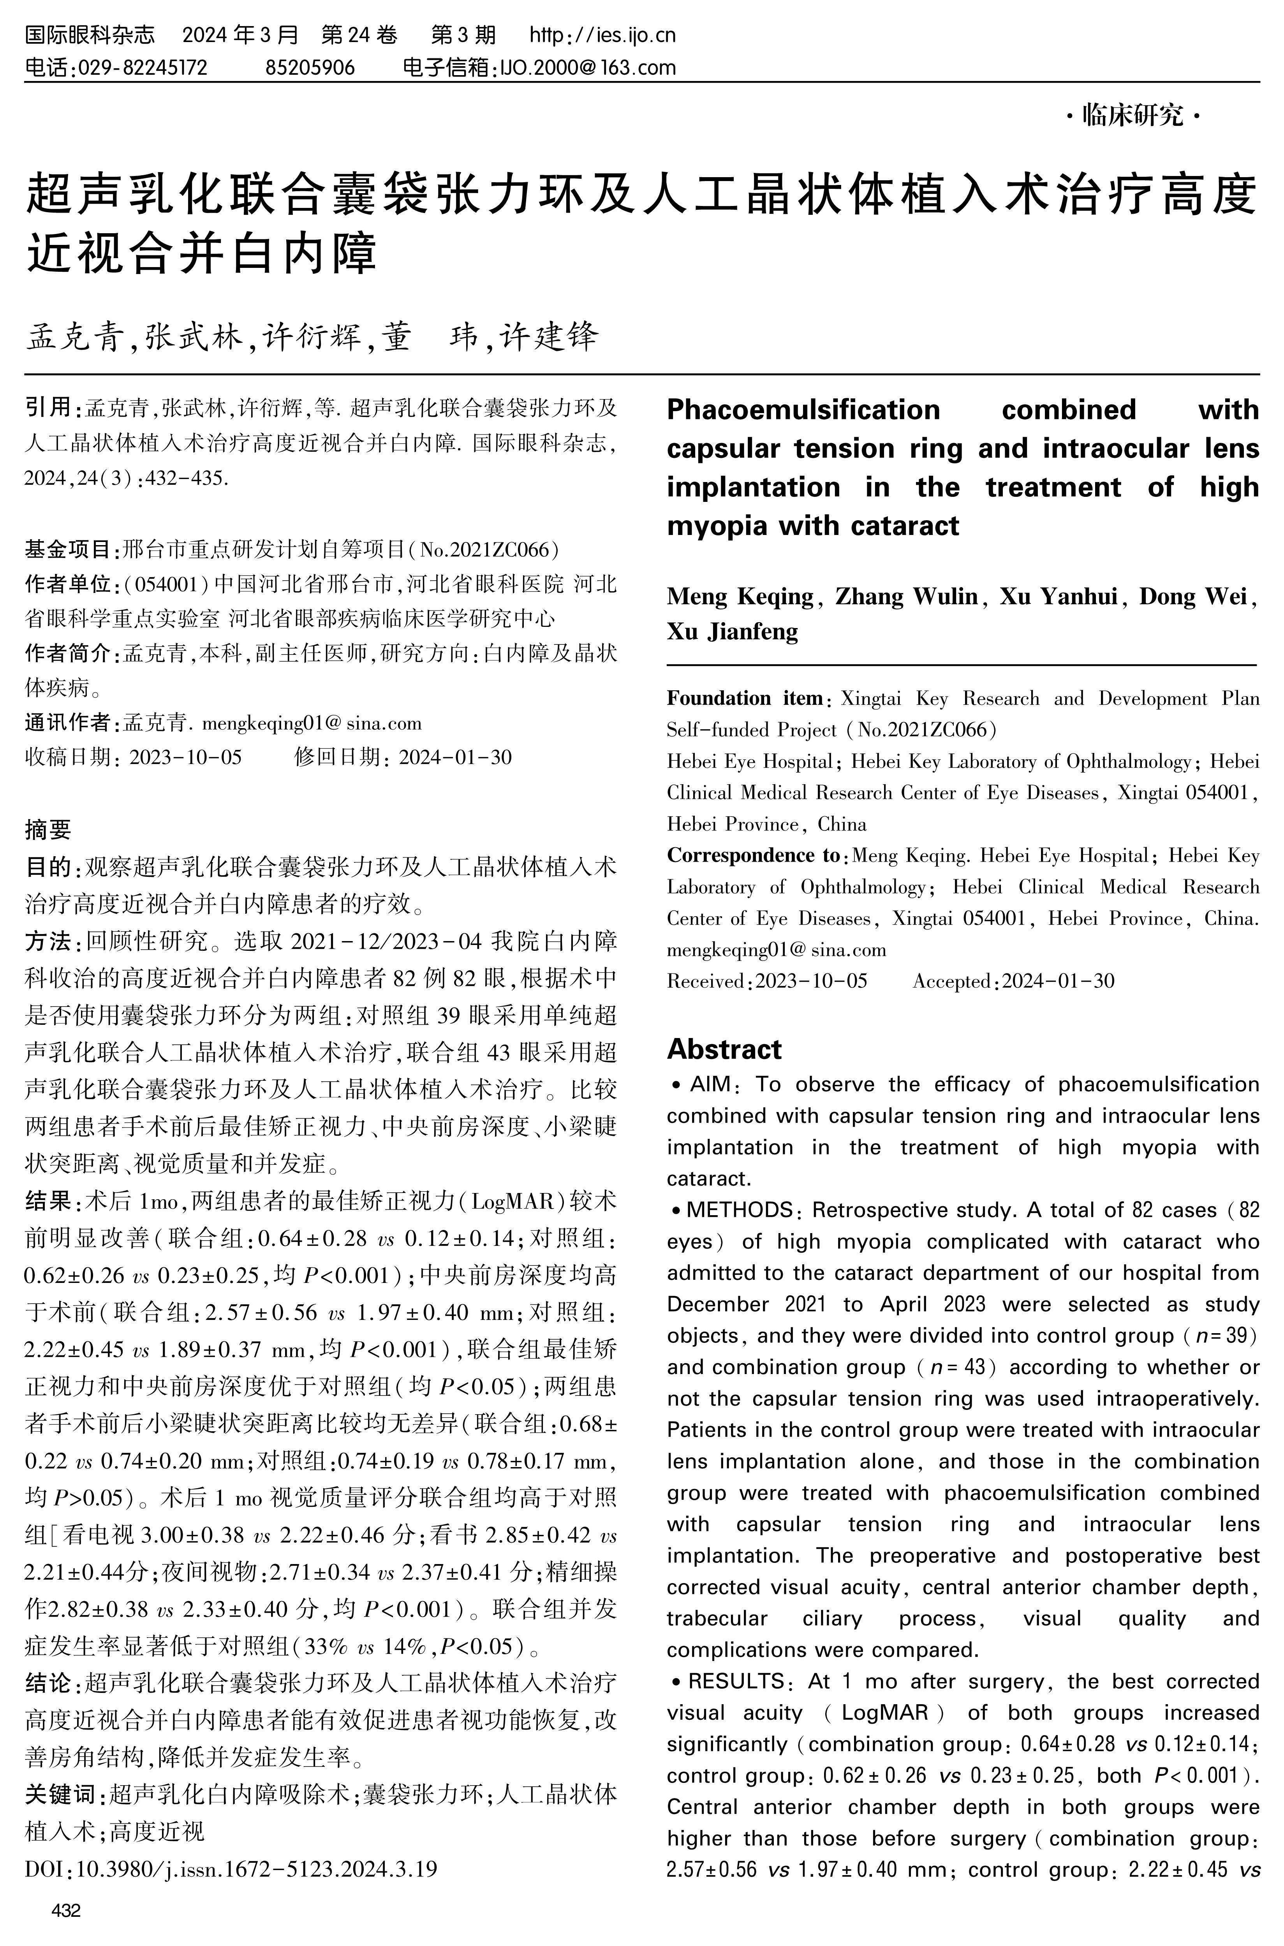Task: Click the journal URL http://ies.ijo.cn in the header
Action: [x=603, y=35]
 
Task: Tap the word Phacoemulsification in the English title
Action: [x=803, y=409]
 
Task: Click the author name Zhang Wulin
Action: [x=907, y=596]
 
